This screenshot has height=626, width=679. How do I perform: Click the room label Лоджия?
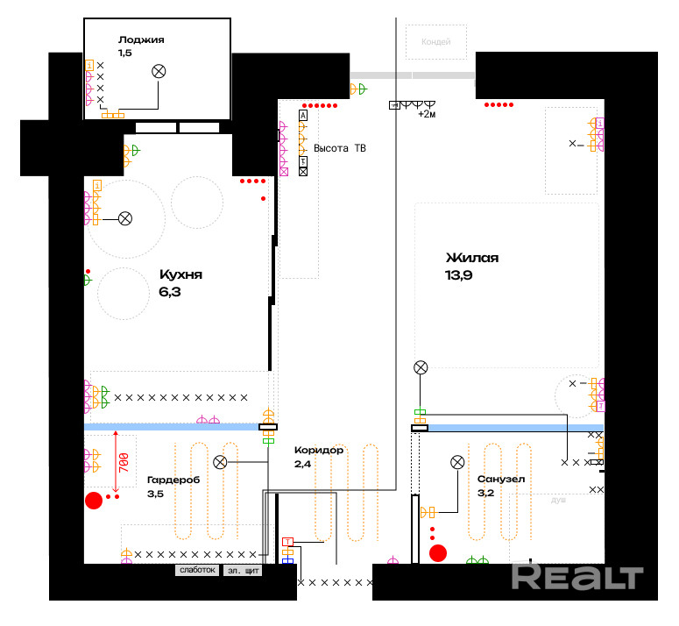coord(141,39)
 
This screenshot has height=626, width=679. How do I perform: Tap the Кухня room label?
coord(180,274)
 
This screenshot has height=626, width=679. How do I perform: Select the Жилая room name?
coord(472,258)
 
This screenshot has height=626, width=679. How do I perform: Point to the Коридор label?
coord(319,450)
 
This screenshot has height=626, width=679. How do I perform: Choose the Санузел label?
coord(501,480)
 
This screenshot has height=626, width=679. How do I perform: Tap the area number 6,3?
coord(170,292)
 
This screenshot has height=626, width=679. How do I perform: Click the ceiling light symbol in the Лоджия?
coord(159,72)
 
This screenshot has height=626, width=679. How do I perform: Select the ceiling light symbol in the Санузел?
coord(456,462)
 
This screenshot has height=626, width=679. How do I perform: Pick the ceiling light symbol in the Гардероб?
coord(221,462)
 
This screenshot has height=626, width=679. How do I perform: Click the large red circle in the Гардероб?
coord(93,501)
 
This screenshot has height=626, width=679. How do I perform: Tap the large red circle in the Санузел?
coord(438,552)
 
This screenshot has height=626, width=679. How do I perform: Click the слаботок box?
coord(196,570)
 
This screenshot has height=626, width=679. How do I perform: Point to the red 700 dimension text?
coord(123,463)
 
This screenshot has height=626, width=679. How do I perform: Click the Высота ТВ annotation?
coord(340,149)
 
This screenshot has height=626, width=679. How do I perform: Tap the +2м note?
coord(427,114)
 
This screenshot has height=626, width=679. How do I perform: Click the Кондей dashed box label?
coord(435,41)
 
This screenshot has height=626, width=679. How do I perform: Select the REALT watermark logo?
coord(577,575)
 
